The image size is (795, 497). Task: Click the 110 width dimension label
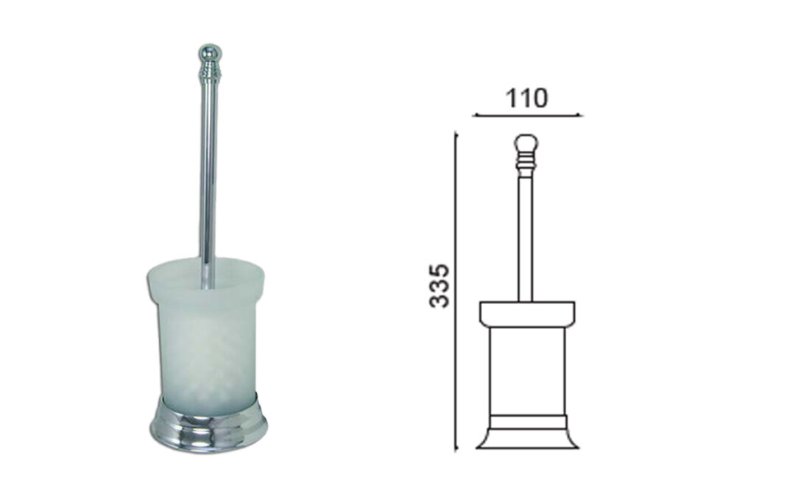coord(527,98)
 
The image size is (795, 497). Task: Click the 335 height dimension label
coord(439,286)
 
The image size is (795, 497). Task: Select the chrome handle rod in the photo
coord(208,183)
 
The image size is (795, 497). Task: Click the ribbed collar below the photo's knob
coord(209,71)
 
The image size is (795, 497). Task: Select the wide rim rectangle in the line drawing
coord(527,314)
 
